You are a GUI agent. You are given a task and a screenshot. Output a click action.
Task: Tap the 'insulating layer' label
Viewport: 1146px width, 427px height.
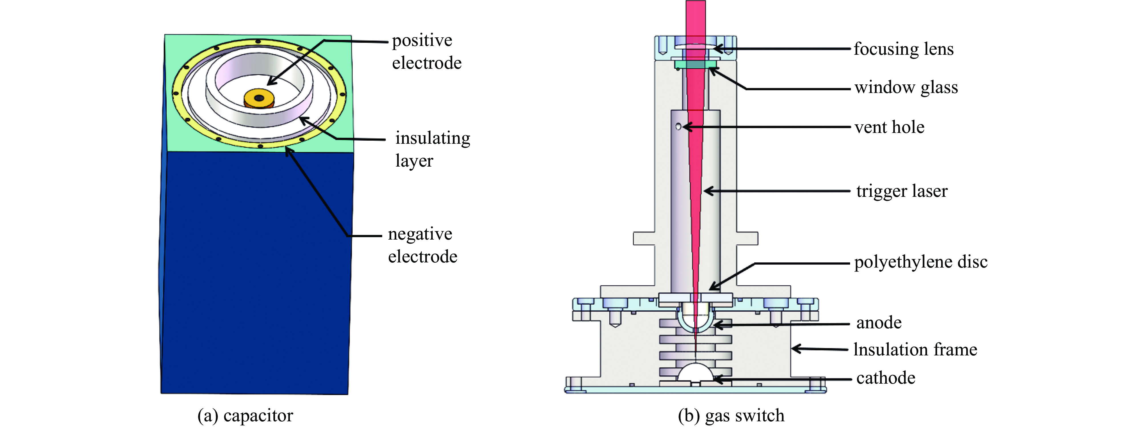point(432,149)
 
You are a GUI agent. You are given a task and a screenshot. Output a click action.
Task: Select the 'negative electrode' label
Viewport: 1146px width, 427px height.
point(422,245)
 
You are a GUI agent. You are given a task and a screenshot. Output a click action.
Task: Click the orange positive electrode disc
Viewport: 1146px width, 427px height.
point(259,98)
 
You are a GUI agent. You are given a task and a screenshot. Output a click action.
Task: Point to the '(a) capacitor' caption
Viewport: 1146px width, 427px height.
point(245,415)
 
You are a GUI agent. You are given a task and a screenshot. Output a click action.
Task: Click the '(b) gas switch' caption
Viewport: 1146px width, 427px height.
point(731,415)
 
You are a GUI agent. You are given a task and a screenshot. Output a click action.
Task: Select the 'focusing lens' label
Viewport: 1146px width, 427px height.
point(903,49)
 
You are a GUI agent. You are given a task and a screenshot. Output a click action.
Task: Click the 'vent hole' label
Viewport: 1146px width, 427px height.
point(889,127)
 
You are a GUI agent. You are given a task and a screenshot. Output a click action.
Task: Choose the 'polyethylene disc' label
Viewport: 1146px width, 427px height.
point(921,262)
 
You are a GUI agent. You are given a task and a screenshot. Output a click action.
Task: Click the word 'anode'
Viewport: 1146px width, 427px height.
point(879,323)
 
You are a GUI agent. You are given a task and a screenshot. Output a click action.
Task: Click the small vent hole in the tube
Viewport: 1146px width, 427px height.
point(678,127)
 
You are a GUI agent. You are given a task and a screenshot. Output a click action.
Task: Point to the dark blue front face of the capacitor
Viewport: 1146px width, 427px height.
point(256,271)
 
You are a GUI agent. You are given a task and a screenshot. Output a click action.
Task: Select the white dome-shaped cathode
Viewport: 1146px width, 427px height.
point(695,372)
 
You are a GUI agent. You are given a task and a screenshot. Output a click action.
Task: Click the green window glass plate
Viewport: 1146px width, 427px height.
point(695,65)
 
